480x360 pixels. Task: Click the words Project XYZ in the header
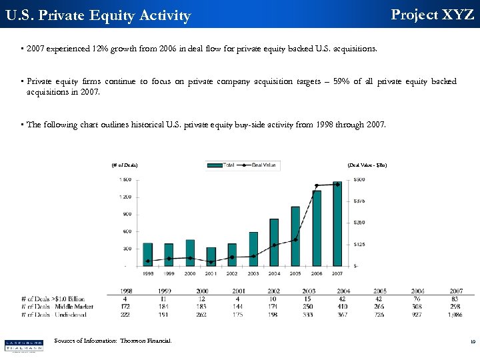coord(432,14)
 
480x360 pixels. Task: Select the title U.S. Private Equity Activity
coord(97,15)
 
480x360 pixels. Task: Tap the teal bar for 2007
coord(337,223)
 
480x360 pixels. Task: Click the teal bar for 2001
coord(211,257)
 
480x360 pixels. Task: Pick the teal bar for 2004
coord(274,242)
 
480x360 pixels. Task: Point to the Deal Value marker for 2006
coord(317,185)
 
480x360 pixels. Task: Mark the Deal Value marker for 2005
coord(295,239)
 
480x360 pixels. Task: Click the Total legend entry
coord(224,165)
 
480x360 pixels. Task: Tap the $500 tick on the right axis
coord(359,179)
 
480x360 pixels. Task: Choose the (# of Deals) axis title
coord(125,165)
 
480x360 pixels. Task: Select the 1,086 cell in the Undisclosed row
coord(455,314)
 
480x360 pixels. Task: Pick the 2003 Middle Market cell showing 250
coord(308,307)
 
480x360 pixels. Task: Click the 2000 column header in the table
coord(201,291)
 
